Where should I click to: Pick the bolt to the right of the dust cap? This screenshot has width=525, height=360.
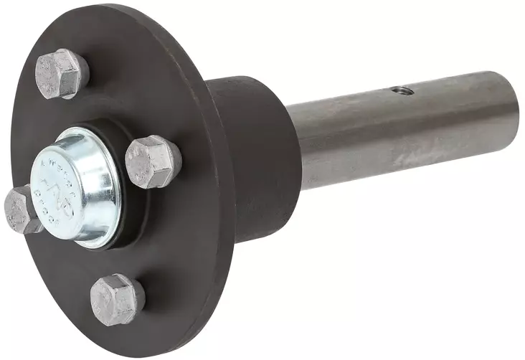[153, 161]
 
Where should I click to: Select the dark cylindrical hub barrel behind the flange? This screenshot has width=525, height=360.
[251, 158]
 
